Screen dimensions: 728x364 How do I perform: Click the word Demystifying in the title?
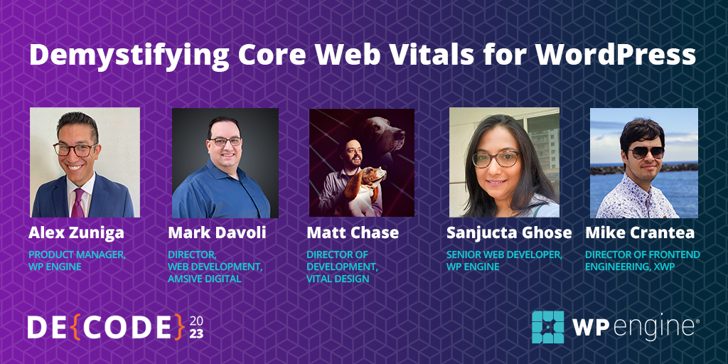(x=129, y=55)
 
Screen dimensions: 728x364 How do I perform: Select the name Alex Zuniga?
(x=77, y=233)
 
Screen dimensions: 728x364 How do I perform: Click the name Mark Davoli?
(x=217, y=232)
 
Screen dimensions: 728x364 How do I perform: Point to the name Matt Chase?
(x=353, y=232)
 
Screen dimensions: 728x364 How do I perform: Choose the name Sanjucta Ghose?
(x=509, y=233)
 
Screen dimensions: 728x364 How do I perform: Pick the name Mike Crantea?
(x=640, y=232)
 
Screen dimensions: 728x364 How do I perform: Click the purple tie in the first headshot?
(x=77, y=203)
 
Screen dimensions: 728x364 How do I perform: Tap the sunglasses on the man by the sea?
(x=646, y=152)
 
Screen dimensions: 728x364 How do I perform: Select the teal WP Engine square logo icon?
(x=548, y=327)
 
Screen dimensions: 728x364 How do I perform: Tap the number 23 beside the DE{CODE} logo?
(x=196, y=334)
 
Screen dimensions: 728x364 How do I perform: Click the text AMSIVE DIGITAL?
(x=204, y=279)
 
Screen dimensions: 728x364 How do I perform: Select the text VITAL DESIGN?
(x=338, y=279)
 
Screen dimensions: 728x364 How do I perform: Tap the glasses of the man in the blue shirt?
(x=225, y=141)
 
